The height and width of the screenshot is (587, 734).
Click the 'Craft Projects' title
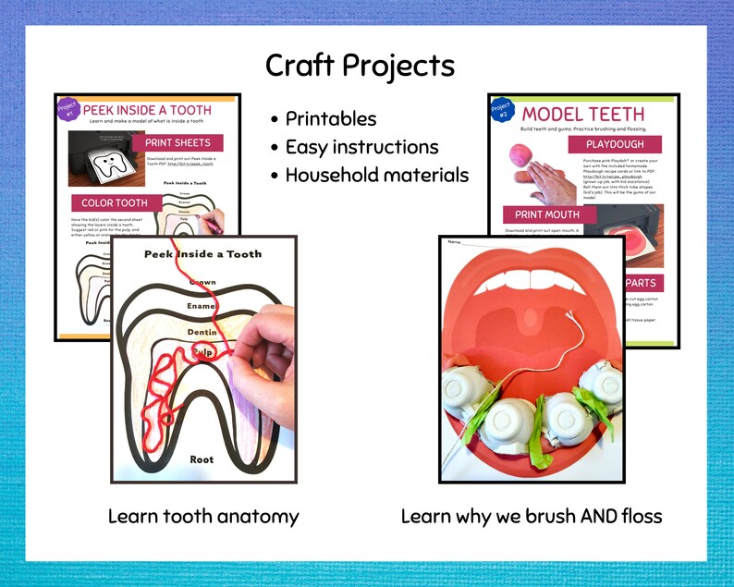(360, 66)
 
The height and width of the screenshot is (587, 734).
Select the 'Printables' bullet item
(330, 118)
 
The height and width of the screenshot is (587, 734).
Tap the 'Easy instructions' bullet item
(361, 147)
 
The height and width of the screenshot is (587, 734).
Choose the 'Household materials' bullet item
(376, 175)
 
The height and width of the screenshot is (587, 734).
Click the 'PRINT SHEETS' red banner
(177, 143)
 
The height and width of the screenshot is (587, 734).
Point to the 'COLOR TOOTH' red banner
(114, 203)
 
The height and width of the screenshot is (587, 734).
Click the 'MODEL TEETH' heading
(583, 113)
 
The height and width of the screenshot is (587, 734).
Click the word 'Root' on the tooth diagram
(202, 459)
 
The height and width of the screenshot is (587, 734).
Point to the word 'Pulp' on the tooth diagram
(202, 352)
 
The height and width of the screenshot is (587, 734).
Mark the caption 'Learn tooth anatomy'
(203, 516)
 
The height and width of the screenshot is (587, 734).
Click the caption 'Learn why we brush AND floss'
(532, 516)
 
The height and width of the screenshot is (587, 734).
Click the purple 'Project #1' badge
(67, 109)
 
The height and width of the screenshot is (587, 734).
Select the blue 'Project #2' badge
(501, 110)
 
